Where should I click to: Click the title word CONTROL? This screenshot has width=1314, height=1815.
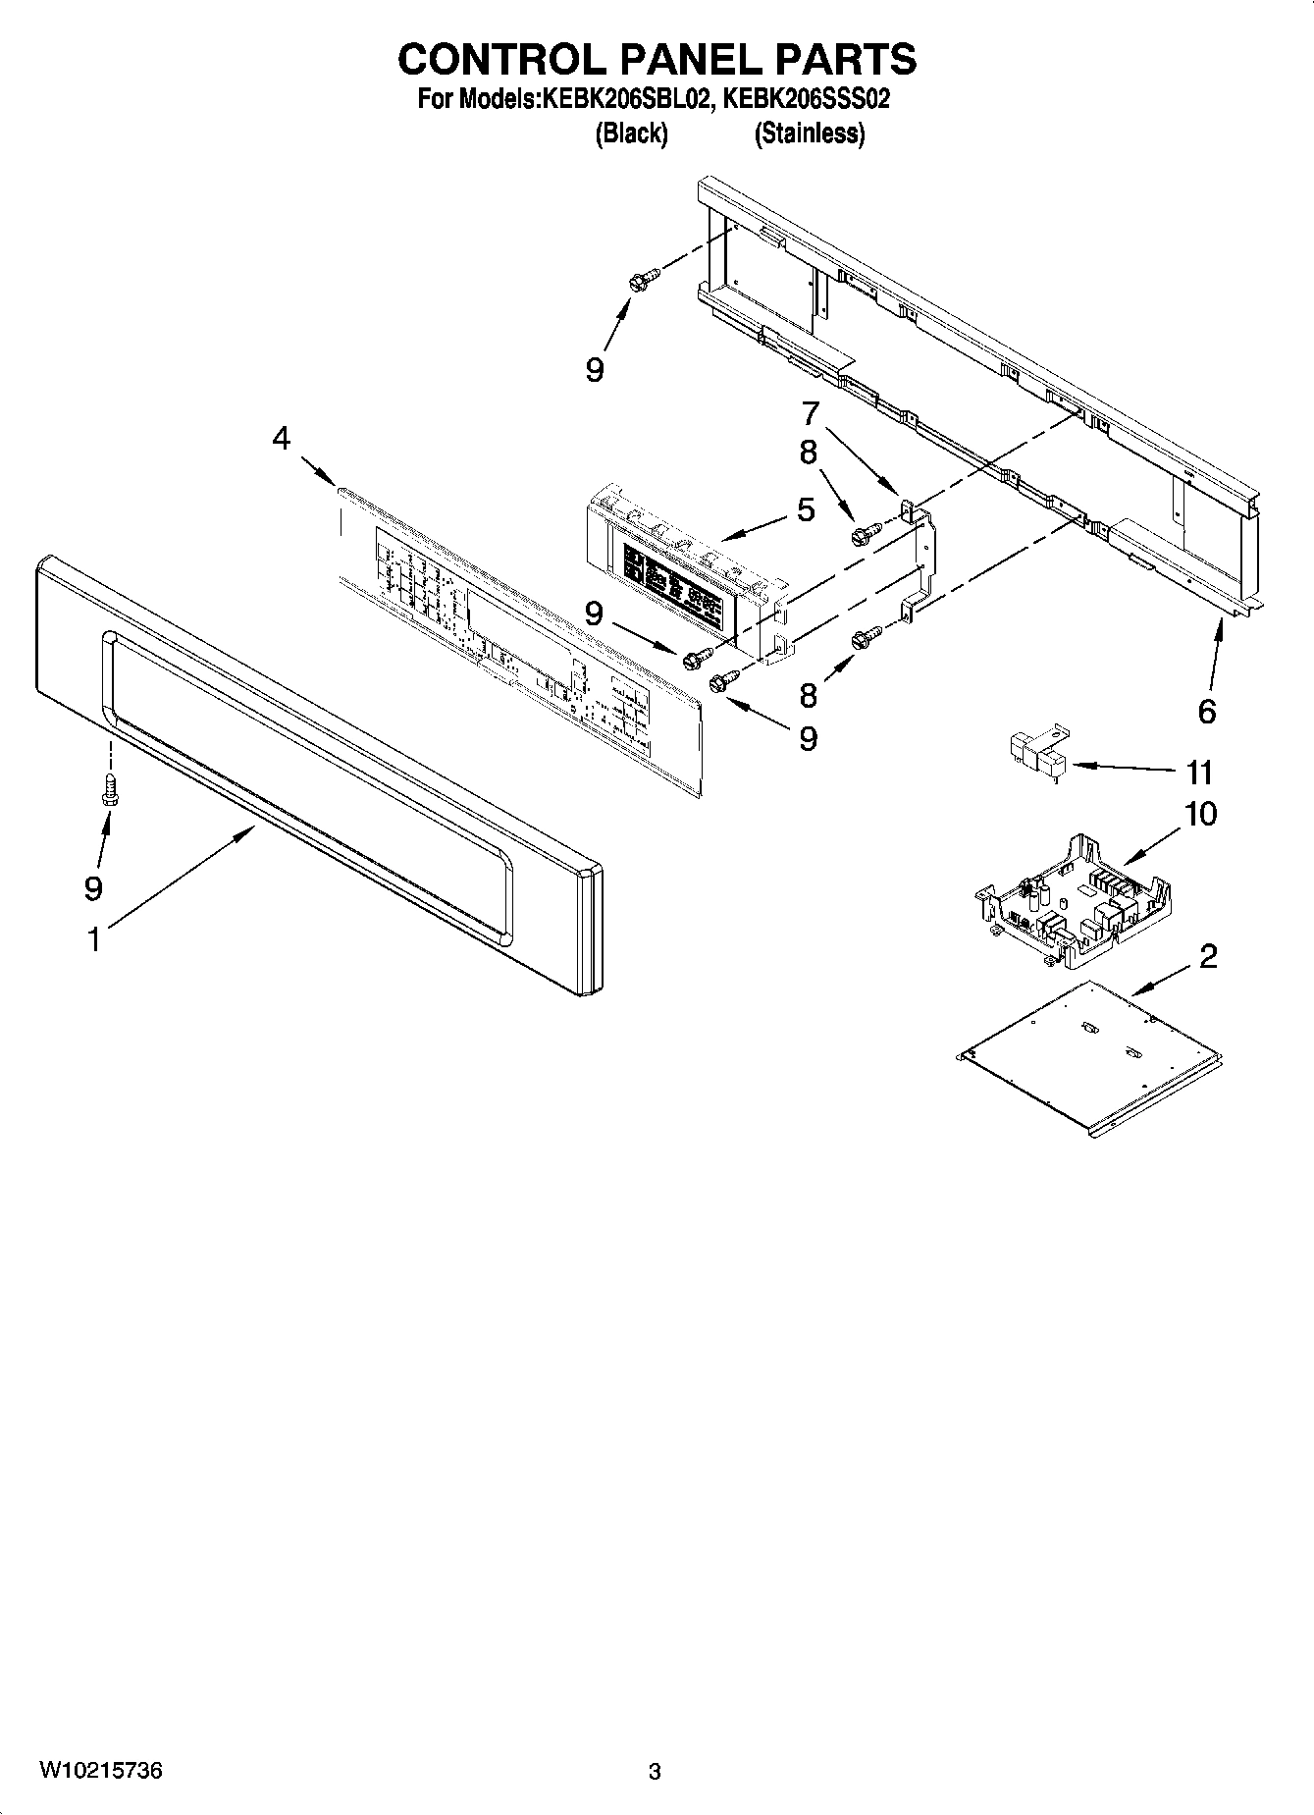[502, 59]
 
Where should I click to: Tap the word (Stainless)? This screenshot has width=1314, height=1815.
[809, 133]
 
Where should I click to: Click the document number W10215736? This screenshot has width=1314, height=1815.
[100, 1771]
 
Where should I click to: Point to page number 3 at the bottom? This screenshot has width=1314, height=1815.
[655, 1772]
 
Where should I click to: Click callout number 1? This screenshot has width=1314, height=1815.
[93, 940]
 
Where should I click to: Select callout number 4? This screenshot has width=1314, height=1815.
[282, 439]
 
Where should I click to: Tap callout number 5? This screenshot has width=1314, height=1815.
[806, 509]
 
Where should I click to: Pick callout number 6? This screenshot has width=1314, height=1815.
[1206, 711]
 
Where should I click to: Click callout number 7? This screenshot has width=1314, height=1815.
[810, 413]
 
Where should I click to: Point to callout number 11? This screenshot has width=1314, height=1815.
[1199, 773]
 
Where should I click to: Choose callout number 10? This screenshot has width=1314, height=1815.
[1199, 814]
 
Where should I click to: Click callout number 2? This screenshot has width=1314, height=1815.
[1208, 955]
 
